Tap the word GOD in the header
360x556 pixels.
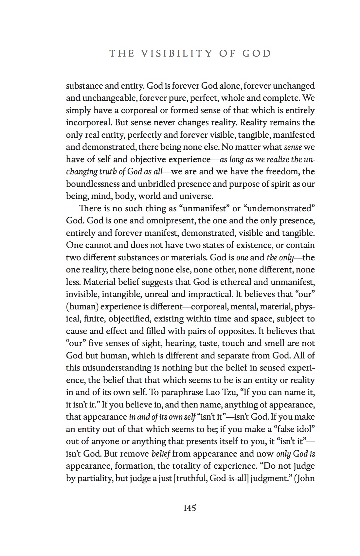point(257,53)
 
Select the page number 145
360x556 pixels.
point(189,508)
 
